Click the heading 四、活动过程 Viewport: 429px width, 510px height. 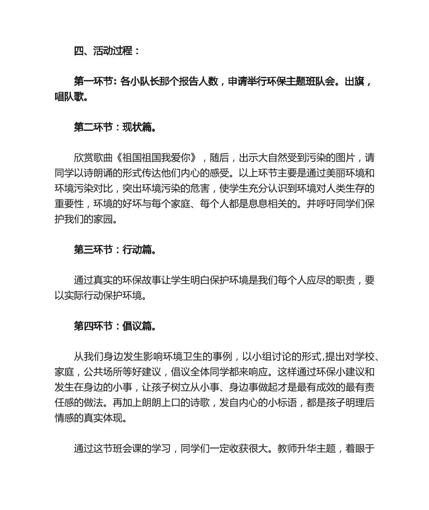107,51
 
